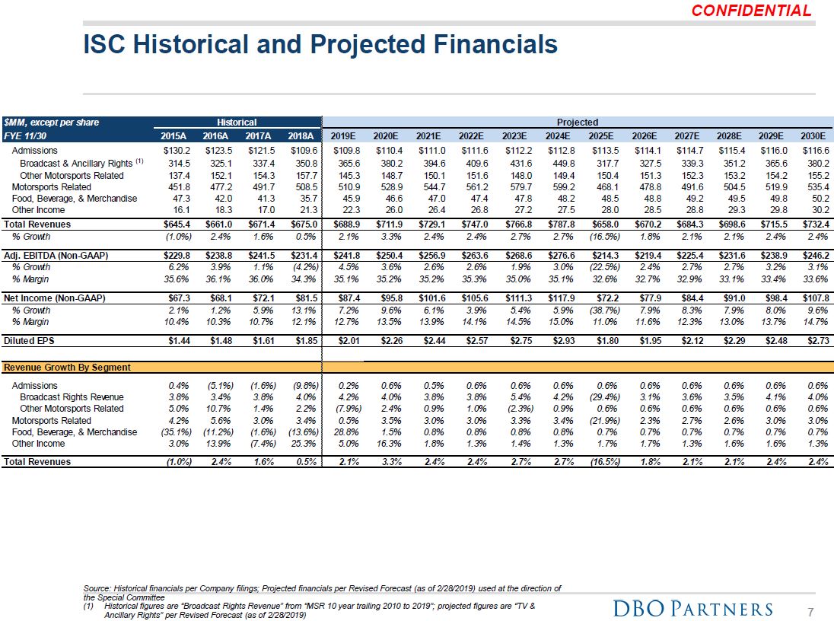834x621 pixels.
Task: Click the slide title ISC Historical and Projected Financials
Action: click(x=320, y=44)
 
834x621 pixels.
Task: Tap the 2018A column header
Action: click(x=304, y=136)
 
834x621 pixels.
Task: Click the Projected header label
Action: click(x=577, y=122)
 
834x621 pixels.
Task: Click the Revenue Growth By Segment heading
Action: click(x=67, y=367)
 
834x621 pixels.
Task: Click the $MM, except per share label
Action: click(x=51, y=122)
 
